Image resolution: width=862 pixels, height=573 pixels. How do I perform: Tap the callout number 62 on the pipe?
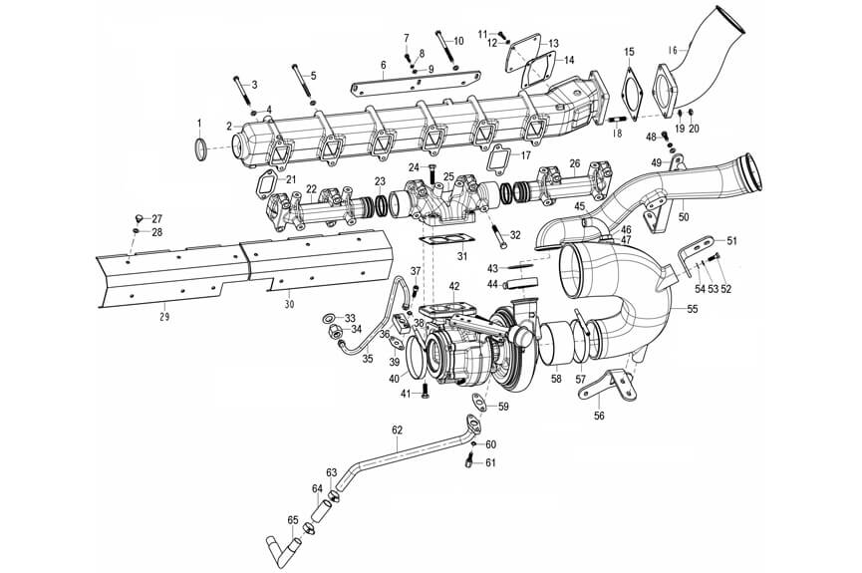pyautogui.click(x=397, y=430)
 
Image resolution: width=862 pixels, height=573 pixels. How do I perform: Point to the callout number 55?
pyautogui.click(x=692, y=310)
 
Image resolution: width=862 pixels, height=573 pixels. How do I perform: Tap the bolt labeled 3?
pyautogui.click(x=242, y=94)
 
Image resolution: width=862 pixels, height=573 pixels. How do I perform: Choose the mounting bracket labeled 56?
pyautogui.click(x=610, y=386)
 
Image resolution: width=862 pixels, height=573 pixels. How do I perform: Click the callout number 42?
pyautogui.click(x=453, y=287)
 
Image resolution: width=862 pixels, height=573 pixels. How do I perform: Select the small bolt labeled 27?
pyautogui.click(x=138, y=216)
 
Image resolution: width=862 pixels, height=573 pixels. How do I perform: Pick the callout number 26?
pyautogui.click(x=574, y=163)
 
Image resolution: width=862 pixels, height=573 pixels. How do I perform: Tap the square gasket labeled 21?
pyautogui.click(x=266, y=184)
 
